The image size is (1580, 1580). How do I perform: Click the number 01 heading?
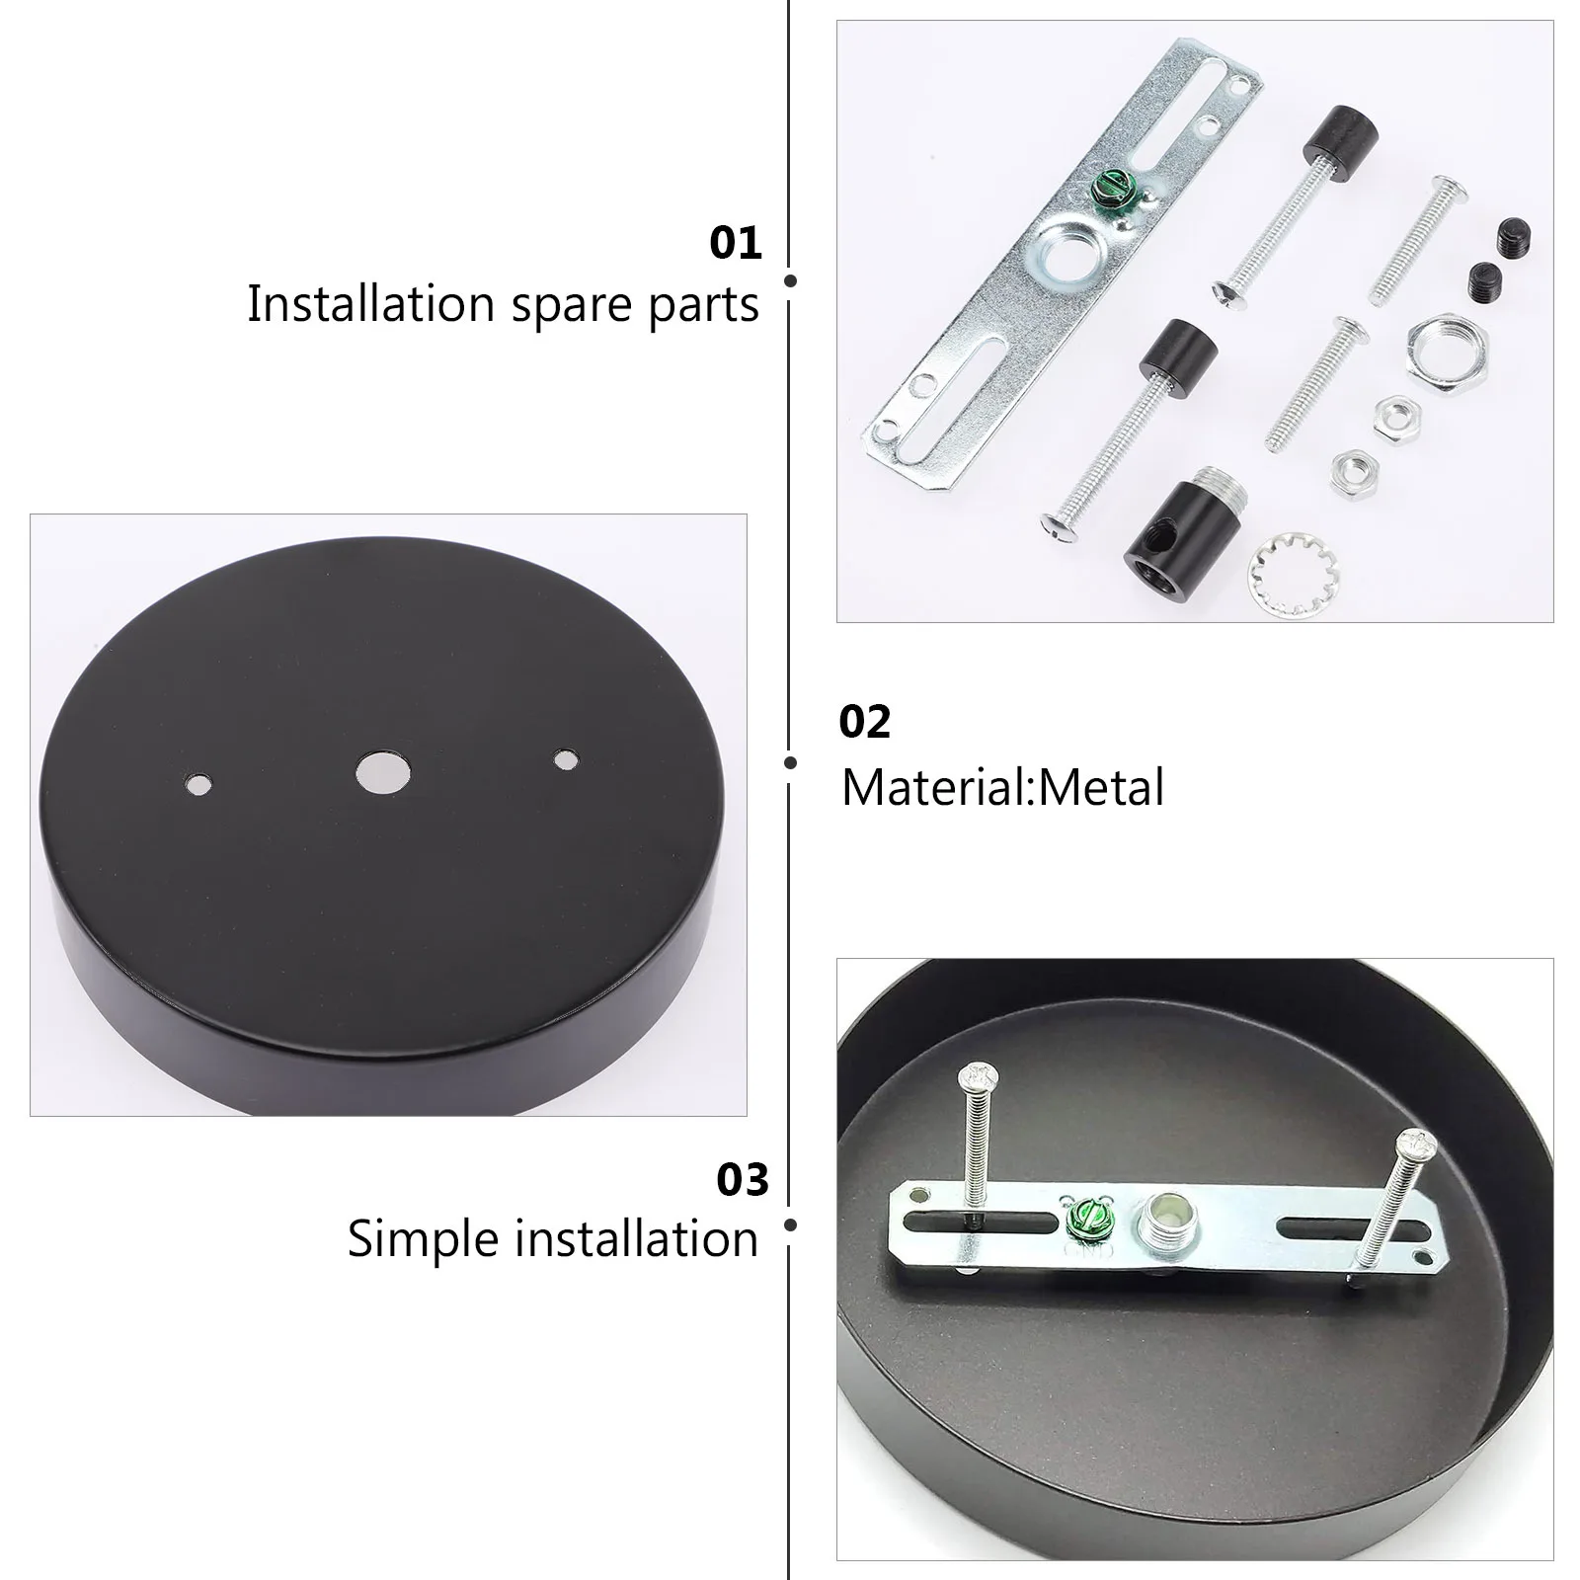tap(736, 243)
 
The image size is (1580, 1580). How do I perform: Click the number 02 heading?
tap(864, 722)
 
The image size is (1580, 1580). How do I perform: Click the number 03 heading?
tap(742, 1180)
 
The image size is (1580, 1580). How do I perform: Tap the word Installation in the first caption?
tap(370, 303)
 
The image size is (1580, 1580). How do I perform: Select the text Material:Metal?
tap(1002, 788)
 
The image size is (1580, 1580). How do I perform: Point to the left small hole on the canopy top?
tap(198, 785)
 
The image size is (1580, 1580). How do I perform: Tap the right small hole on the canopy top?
tap(565, 760)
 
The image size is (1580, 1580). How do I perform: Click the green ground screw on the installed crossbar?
tap(1078, 1212)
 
